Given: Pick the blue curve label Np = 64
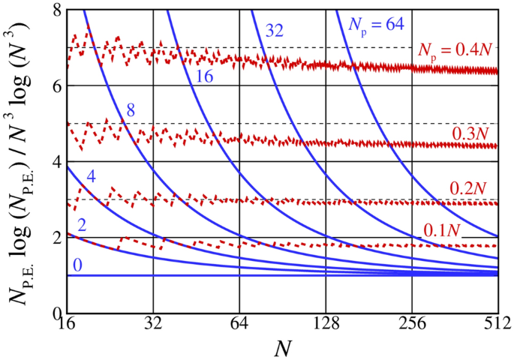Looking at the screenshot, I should [x=377, y=24].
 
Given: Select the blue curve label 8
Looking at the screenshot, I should [x=131, y=111].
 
